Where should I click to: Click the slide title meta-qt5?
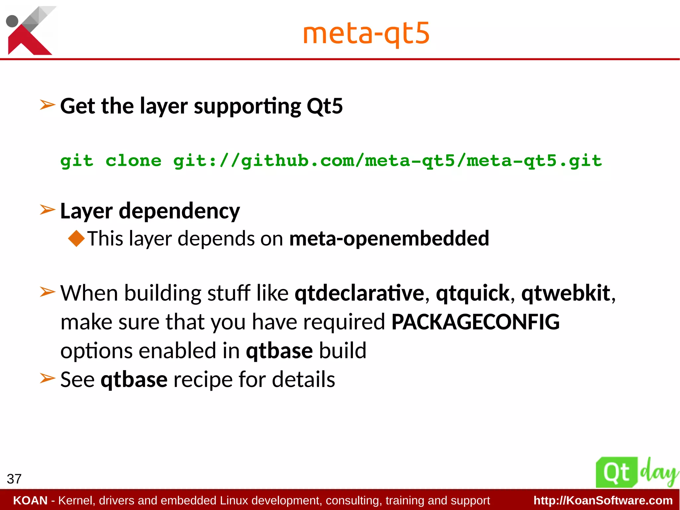point(366,34)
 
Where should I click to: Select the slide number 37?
point(14,479)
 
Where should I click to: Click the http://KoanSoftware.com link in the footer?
point(603,500)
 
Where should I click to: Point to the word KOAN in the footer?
point(30,500)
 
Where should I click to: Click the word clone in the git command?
point(133,161)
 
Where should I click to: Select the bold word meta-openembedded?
point(389,239)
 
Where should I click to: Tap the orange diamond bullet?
point(76,239)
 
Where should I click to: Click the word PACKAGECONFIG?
point(475,322)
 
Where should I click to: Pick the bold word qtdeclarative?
point(359,293)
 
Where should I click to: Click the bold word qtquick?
point(472,294)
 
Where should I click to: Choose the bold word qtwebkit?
point(566,293)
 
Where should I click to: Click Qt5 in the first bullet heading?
point(325,106)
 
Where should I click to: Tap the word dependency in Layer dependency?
point(179,211)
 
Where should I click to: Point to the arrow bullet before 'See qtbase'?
point(47,378)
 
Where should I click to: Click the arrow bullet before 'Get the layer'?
point(47,105)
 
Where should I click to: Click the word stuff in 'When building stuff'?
point(229,293)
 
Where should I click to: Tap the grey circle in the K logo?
point(12,21)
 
